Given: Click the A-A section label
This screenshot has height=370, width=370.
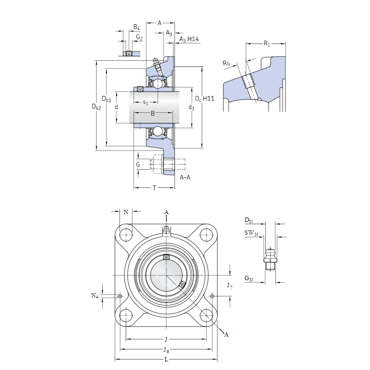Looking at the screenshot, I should click(185, 177).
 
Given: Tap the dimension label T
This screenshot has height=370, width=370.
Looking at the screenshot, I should click(154, 188).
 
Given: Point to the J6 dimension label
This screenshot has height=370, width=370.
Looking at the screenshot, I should click(166, 350).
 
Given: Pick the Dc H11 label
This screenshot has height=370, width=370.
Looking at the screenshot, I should click(204, 98).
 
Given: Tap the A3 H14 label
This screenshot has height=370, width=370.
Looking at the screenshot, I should click(189, 39).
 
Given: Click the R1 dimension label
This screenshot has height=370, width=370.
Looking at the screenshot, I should click(267, 44).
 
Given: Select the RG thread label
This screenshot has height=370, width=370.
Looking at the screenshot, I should click(227, 63).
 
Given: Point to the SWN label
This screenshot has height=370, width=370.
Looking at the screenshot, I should click(251, 233).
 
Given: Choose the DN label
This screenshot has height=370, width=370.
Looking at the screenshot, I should click(249, 220).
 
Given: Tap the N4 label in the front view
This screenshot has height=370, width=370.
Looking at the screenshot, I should click(95, 296).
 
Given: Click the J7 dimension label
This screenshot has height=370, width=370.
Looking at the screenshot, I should click(229, 286).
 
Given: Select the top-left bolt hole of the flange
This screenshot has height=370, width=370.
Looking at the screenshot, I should click(126, 235).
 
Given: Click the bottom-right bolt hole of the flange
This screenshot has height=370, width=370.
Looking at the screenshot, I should click(207, 315).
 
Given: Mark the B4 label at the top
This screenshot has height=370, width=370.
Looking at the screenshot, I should click(136, 27).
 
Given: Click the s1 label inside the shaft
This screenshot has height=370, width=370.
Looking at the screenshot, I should click(146, 102).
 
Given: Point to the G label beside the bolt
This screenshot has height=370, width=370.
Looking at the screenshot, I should click(138, 164).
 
